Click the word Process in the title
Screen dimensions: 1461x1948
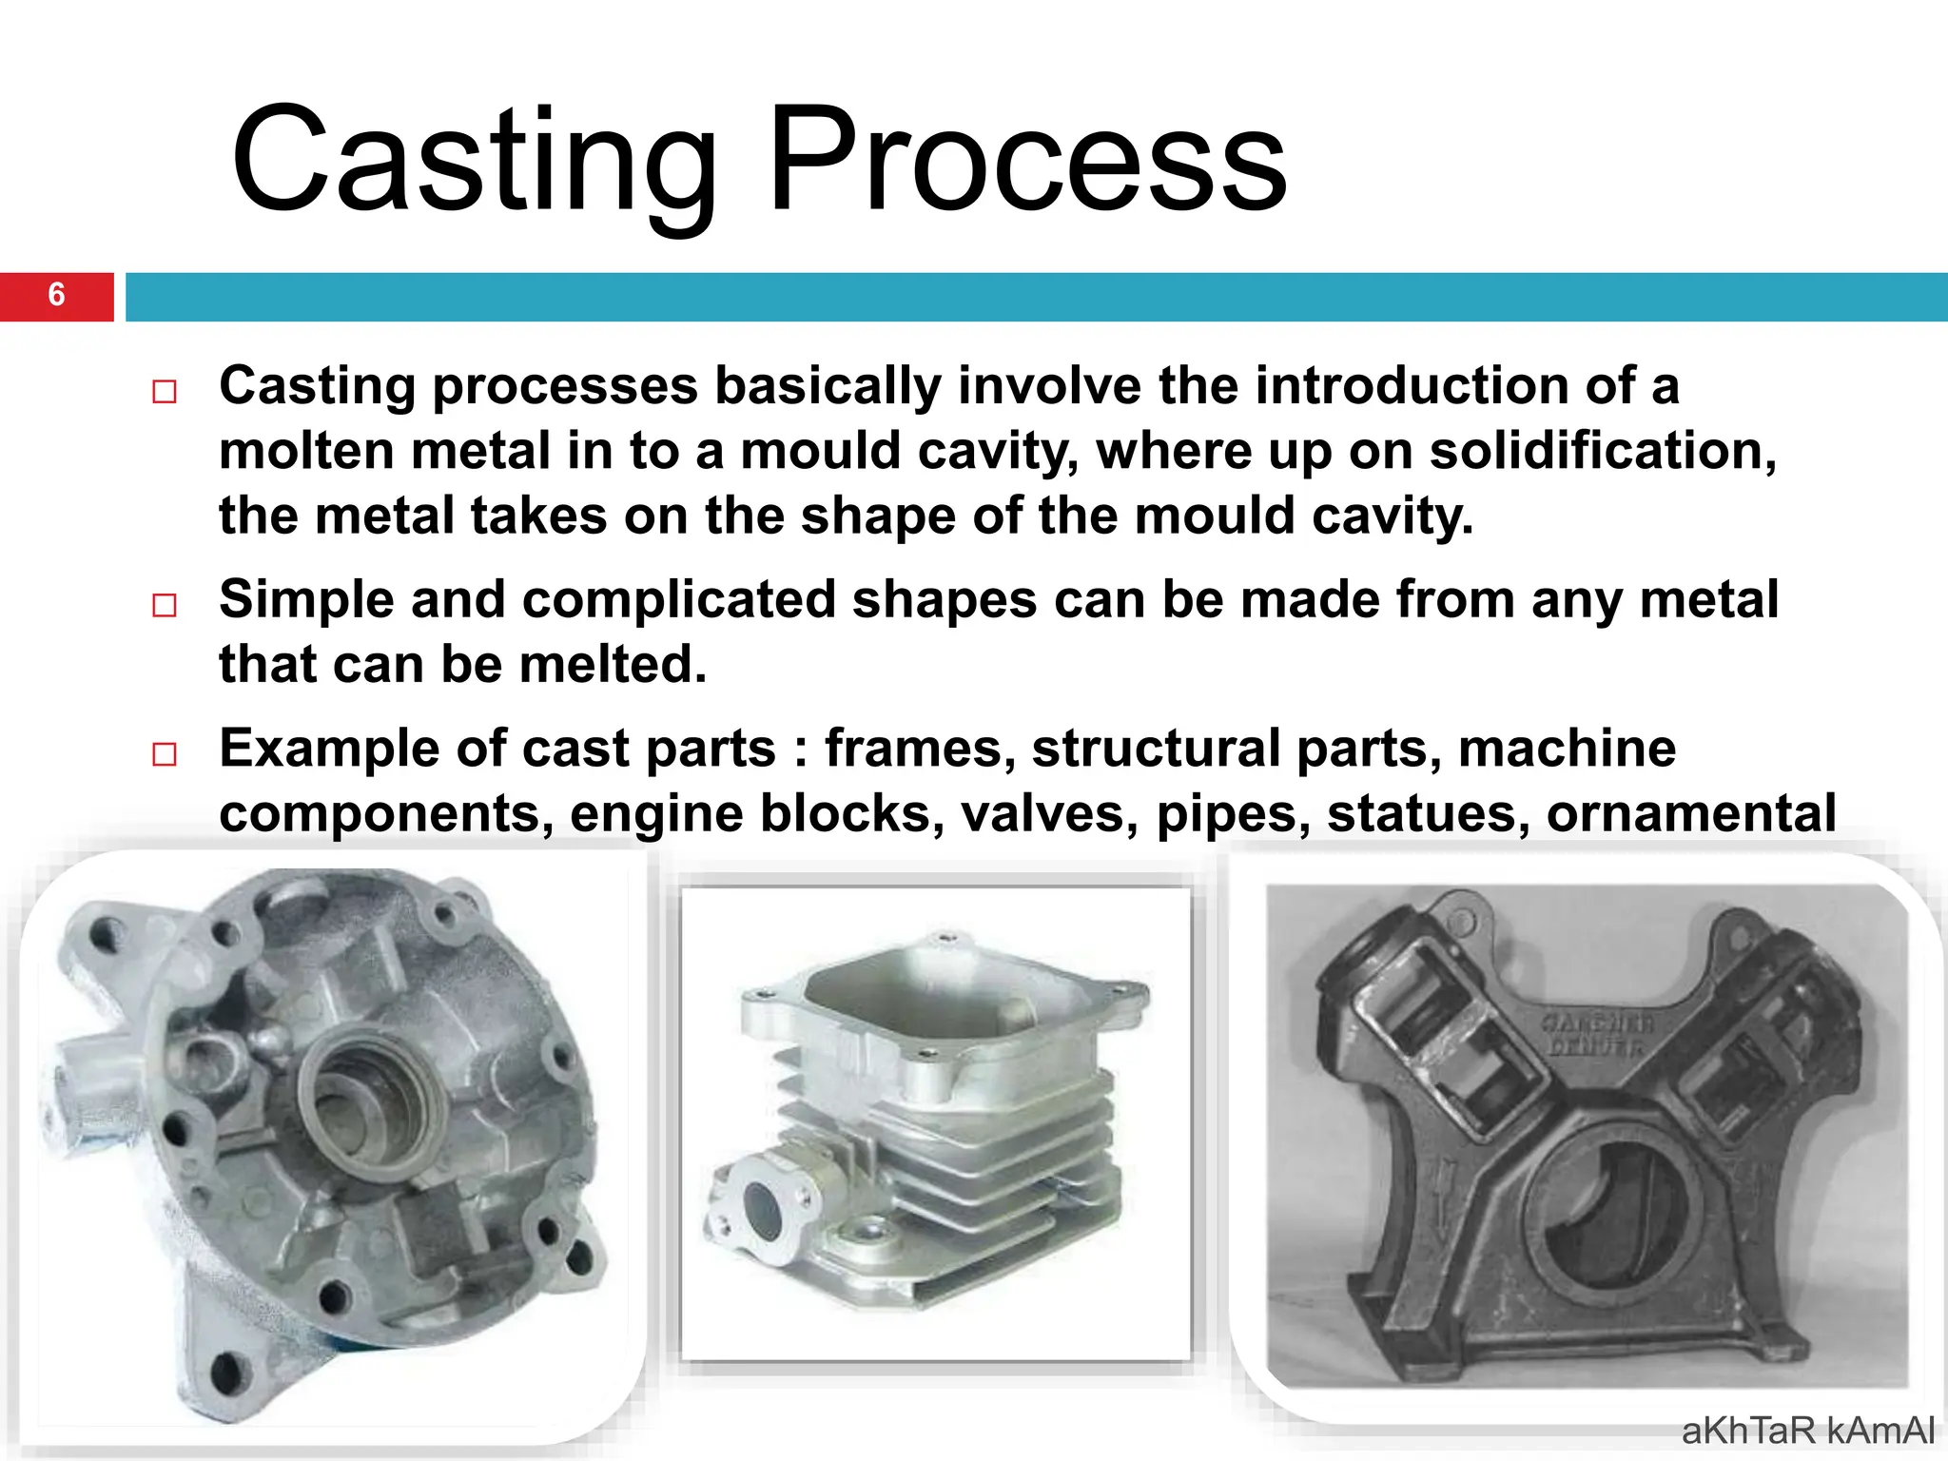tap(1027, 162)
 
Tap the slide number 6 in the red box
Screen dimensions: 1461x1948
tap(56, 295)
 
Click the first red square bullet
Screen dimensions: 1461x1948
tap(165, 392)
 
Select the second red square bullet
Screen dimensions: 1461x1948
tap(165, 605)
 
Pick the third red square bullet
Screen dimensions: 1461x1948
tap(165, 754)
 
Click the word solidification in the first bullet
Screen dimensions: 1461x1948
tap(1603, 451)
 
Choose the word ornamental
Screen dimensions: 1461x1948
tap(1690, 814)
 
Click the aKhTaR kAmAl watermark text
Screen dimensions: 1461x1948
tap(1807, 1431)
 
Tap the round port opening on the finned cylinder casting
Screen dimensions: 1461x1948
tap(761, 1213)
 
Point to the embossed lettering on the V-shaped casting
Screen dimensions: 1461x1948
tap(1597, 1035)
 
